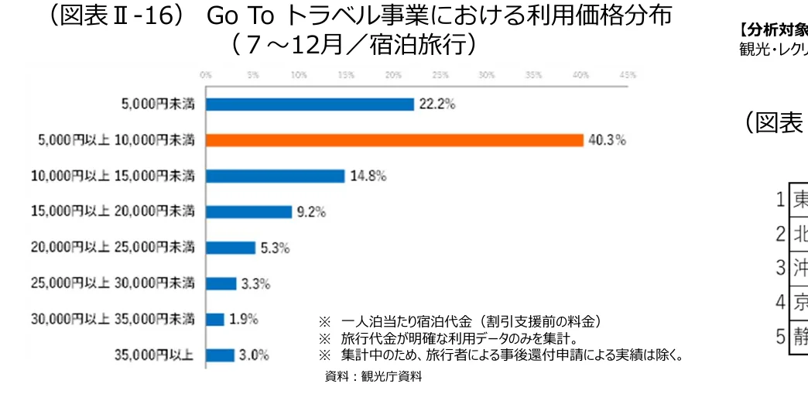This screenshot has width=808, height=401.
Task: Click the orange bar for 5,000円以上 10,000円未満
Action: click(x=394, y=140)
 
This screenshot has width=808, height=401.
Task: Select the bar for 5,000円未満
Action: click(x=310, y=105)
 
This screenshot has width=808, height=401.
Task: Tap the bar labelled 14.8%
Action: click(x=275, y=176)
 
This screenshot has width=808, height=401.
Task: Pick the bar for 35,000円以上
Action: click(x=220, y=355)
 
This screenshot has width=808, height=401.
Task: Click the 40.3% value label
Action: click(x=606, y=140)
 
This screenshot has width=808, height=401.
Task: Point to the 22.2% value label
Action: click(x=437, y=105)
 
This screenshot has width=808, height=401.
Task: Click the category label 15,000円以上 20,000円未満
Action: click(x=113, y=211)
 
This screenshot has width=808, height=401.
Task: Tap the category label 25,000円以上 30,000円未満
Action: click(x=113, y=283)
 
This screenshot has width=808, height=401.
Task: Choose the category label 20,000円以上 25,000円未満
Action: click(x=113, y=248)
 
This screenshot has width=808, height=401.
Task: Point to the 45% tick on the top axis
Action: click(x=628, y=76)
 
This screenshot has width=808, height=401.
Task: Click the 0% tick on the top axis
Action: click(x=206, y=76)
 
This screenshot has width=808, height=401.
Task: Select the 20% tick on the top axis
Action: click(x=393, y=76)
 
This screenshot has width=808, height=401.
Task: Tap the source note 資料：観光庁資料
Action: click(x=373, y=377)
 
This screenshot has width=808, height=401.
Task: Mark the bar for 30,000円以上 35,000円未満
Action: click(x=215, y=319)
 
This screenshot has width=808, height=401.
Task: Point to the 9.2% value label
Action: click(x=310, y=211)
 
